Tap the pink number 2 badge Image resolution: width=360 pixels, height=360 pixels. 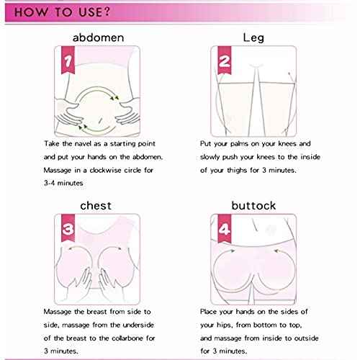point(223,63)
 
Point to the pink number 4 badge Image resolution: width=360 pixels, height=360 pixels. point(223,232)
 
